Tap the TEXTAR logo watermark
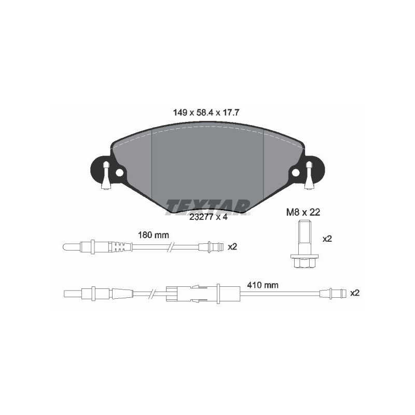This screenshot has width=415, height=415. tap(208, 206)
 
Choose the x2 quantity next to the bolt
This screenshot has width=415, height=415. tap(327, 239)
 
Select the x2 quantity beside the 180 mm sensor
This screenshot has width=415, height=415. tap(232, 247)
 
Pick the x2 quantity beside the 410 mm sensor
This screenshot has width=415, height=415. tap(355, 293)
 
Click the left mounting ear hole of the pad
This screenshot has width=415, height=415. tap(119, 172)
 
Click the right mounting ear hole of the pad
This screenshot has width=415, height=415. tap(296, 172)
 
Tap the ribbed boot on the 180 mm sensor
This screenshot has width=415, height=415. tap(120, 247)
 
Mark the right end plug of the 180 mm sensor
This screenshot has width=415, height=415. tap(214, 247)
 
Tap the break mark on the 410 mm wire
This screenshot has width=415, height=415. tap(151, 293)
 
